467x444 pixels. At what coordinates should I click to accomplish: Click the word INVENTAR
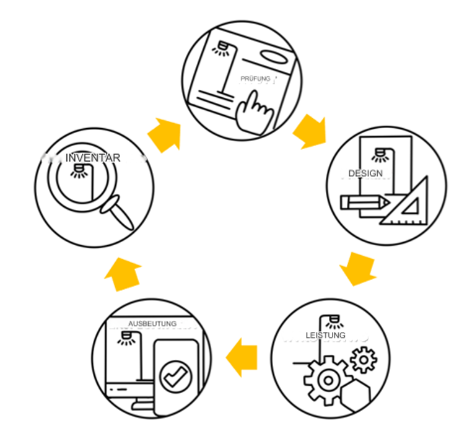pyautogui.click(x=93, y=157)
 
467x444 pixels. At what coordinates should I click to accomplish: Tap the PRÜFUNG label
pyautogui.click(x=255, y=79)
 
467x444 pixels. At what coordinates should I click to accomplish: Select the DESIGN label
pyautogui.click(x=365, y=173)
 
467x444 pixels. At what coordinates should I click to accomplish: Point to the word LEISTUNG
pyautogui.click(x=326, y=335)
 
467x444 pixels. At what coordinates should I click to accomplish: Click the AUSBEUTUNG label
pyautogui.click(x=152, y=323)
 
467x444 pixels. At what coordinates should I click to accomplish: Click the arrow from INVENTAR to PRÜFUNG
pyautogui.click(x=165, y=134)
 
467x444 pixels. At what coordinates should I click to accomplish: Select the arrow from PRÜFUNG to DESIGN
pyautogui.click(x=310, y=131)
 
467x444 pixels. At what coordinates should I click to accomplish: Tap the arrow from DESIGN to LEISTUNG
pyautogui.click(x=358, y=269)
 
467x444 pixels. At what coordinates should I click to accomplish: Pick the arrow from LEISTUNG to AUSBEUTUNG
pyautogui.click(x=242, y=357)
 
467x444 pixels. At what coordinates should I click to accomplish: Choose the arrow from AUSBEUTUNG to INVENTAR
pyautogui.click(x=123, y=274)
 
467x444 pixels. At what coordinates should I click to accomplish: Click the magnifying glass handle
pyautogui.click(x=117, y=212)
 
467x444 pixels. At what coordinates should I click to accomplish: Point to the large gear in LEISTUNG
pyautogui.click(x=328, y=380)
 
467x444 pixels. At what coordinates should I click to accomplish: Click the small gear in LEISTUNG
pyautogui.click(x=364, y=360)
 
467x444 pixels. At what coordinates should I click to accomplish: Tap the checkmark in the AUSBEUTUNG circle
pyautogui.click(x=176, y=377)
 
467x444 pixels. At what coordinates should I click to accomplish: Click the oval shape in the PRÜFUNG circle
pyautogui.click(x=274, y=57)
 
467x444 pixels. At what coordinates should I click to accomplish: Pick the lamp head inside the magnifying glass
pyautogui.click(x=79, y=171)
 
